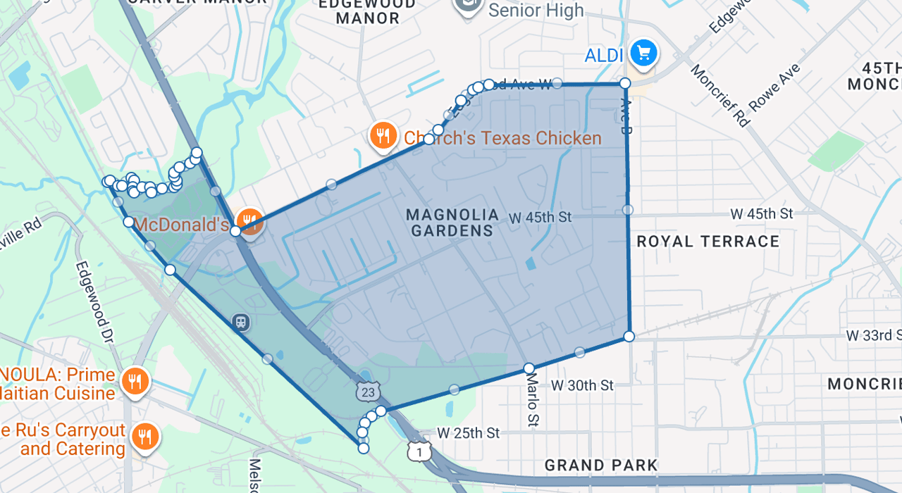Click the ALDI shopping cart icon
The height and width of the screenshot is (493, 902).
coord(643,54)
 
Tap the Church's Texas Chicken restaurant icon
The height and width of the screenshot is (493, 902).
coord(383,136)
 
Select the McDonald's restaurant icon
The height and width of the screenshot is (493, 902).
coord(249,221)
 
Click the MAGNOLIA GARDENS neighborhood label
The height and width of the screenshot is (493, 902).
coord(452,223)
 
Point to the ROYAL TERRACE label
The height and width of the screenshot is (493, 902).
coord(708,242)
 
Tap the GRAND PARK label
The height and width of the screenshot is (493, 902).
coord(600,466)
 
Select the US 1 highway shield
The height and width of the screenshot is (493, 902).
coord(419,451)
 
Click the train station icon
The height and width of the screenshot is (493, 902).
coord(241,323)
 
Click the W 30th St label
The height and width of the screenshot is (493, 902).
coord(582,385)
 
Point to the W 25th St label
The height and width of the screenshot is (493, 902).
coord(468,432)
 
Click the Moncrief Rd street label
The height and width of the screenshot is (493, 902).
coord(719,96)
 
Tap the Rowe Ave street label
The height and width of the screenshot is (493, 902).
coord(774,87)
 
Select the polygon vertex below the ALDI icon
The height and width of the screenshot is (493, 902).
coord(625,84)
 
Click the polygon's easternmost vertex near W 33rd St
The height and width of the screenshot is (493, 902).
coord(629,337)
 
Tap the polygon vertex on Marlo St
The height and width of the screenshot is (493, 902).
coord(529,368)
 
